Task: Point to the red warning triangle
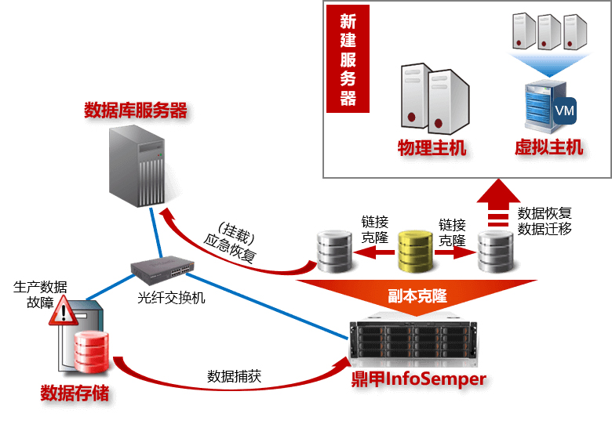point(62,311)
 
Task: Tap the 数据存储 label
point(74,392)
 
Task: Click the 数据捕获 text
point(234,375)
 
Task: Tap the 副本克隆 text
point(417,296)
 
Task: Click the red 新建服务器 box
point(348,59)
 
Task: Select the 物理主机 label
point(432,148)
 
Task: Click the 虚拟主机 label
point(548,147)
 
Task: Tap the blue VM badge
point(565,111)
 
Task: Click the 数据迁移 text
point(545,229)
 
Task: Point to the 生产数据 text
point(40,286)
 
